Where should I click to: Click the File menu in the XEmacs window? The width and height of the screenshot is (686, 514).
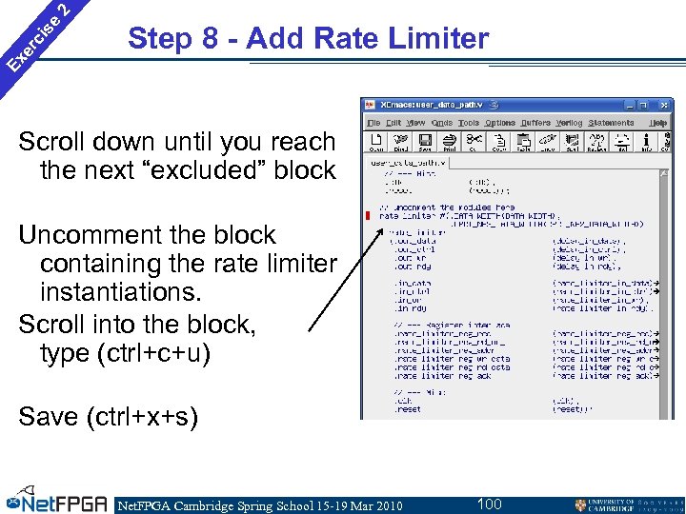373,123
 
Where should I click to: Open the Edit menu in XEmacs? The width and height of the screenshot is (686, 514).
393,123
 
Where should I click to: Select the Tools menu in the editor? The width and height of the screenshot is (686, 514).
468,123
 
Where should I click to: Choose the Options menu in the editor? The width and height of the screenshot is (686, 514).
500,123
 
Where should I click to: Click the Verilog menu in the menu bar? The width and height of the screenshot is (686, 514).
568,123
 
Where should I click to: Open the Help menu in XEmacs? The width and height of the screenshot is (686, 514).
658,123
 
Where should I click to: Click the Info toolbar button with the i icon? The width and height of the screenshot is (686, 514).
647,142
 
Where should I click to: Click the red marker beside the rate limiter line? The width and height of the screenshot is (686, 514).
367,215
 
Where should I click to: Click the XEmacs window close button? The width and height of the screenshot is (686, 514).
665,105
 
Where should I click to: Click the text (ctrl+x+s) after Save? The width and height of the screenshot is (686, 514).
138,416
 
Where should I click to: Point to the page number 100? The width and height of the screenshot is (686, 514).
489,504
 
